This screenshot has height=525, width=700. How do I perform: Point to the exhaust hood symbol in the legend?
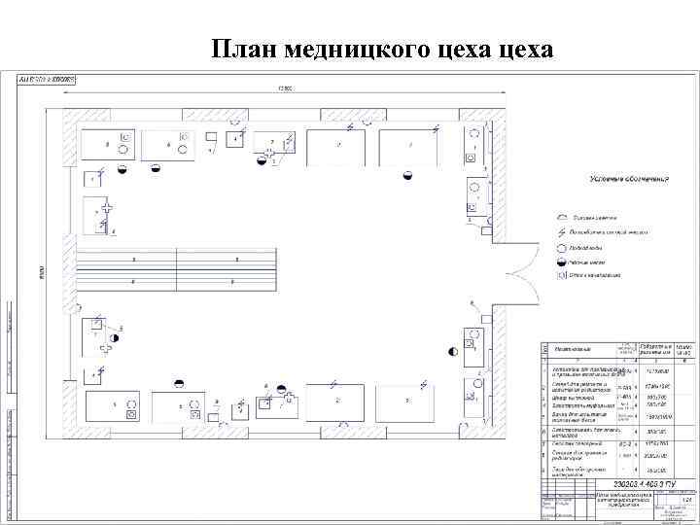pos(562,217)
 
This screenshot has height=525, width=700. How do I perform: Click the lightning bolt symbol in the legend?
pos(562,232)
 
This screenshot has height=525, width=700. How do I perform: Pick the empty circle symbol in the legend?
pos(562,248)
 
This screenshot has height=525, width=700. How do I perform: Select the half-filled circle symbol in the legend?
pos(562,262)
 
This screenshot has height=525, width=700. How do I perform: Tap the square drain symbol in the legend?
pos(562,275)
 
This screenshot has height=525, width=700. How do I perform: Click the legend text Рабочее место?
pos(593,262)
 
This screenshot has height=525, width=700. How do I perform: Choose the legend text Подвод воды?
pos(591,248)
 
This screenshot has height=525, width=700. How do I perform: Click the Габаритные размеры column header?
pos(656,348)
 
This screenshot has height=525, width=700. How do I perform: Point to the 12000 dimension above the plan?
pos(284,89)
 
